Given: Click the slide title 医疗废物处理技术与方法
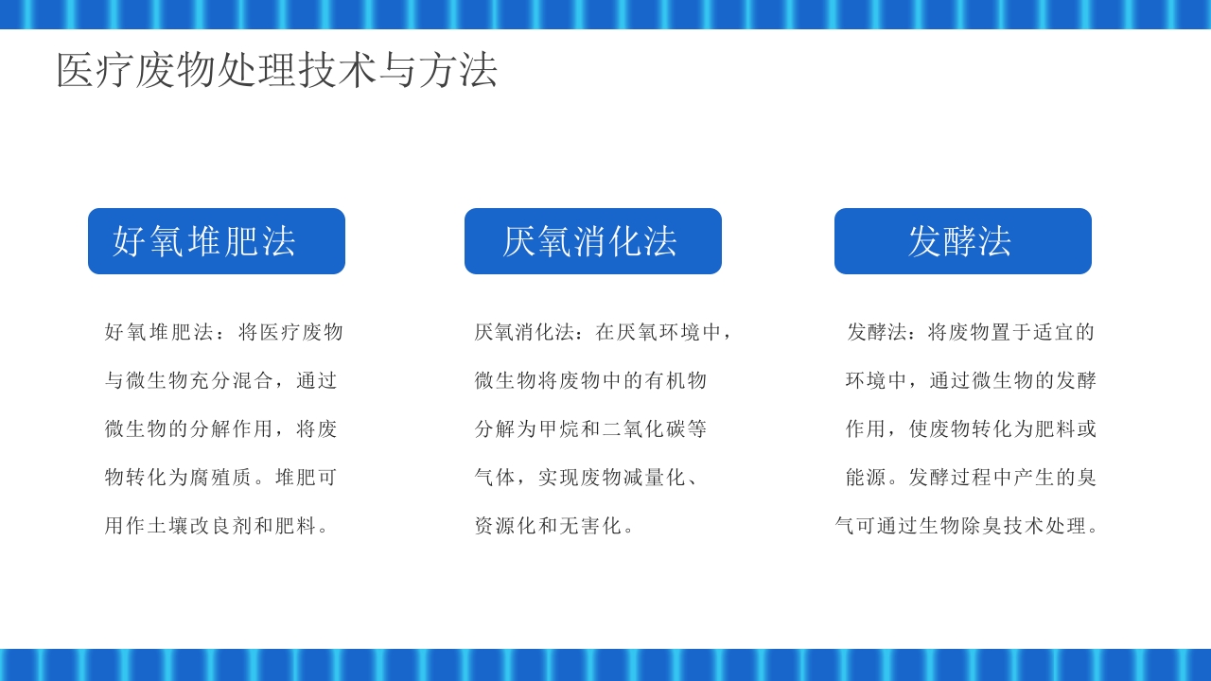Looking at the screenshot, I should pyautogui.click(x=276, y=70).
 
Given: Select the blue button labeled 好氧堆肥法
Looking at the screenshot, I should pyautogui.click(x=217, y=241).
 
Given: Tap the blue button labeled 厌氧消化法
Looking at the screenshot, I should pyautogui.click(x=593, y=241).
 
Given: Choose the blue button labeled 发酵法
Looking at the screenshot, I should pyautogui.click(x=963, y=241).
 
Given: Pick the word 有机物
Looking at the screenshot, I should pyautogui.click(x=676, y=381).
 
